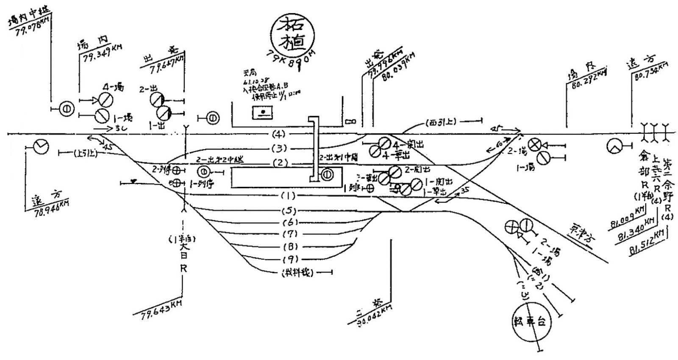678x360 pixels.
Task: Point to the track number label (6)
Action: [290, 222]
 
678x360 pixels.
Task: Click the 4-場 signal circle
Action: [106, 100]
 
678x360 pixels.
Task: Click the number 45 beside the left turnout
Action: [108, 147]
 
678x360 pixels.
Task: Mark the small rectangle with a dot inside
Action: [263, 113]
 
